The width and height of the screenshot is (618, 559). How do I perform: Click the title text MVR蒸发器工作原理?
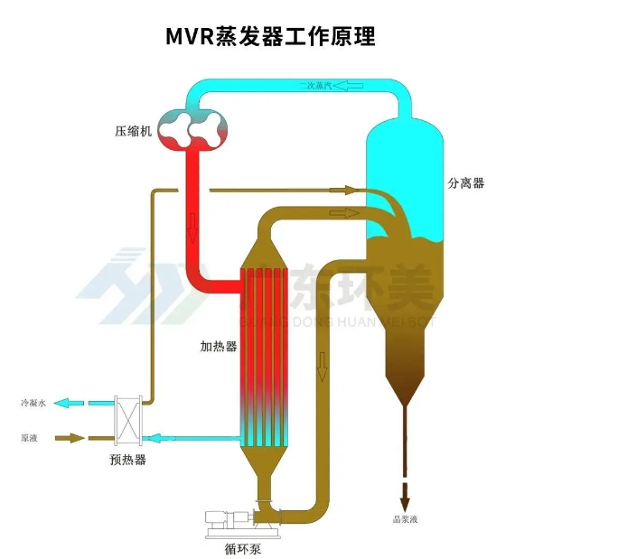click(x=269, y=37)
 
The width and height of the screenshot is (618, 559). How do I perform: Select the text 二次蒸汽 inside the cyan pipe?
click(x=317, y=87)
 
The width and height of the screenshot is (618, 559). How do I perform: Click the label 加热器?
click(x=218, y=347)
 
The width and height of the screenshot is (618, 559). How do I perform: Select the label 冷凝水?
click(x=33, y=403)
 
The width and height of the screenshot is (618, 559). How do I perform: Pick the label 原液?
click(x=30, y=438)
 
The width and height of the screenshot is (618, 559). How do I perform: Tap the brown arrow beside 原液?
click(x=70, y=438)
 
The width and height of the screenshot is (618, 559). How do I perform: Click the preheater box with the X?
click(x=127, y=421)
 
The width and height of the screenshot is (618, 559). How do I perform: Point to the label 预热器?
click(x=127, y=460)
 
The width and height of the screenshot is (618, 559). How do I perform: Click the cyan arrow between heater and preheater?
click(x=159, y=439)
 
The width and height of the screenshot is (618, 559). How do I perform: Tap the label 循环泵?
click(x=244, y=545)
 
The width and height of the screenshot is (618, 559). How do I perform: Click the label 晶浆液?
click(x=404, y=519)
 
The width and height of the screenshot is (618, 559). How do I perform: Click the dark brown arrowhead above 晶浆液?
click(x=405, y=498)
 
